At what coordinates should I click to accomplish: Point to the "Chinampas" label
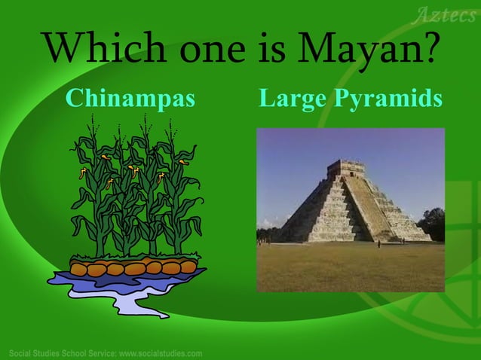coord(130,98)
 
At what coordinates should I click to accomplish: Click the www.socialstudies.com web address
coord(161,353)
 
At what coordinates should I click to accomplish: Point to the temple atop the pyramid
coord(346,167)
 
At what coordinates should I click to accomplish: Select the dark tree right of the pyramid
coord(433,224)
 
